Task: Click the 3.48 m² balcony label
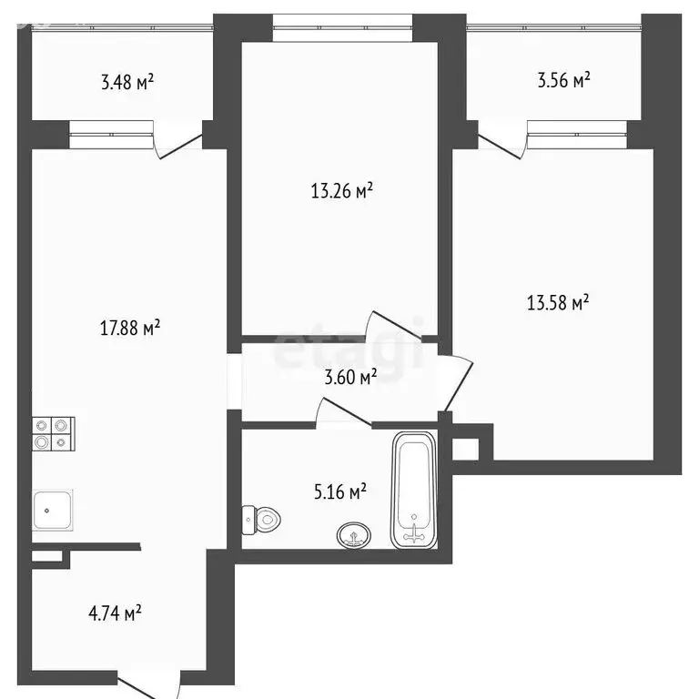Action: (x=127, y=83)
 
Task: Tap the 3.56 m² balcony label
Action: (x=564, y=80)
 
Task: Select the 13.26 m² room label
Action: (x=342, y=191)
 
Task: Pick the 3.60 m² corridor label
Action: (x=350, y=377)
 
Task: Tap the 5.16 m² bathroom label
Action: (x=339, y=492)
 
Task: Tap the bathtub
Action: (x=414, y=491)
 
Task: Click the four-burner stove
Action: (x=54, y=433)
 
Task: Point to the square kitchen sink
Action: (x=54, y=509)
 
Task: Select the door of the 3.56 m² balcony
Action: (x=501, y=142)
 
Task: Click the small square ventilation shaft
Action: (x=464, y=448)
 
